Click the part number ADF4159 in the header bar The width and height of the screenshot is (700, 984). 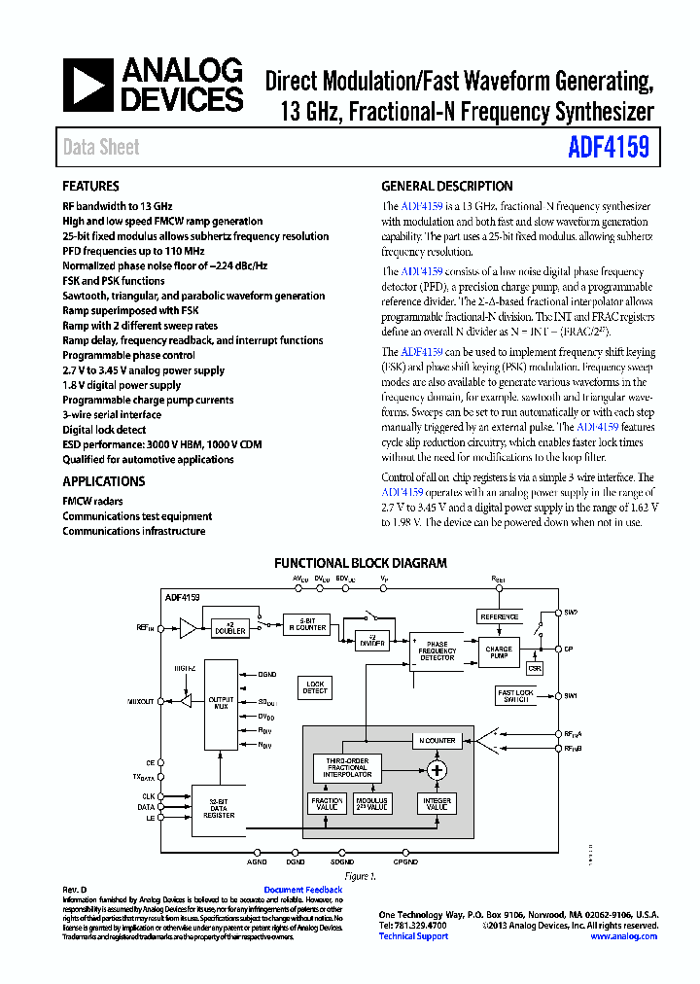(x=610, y=148)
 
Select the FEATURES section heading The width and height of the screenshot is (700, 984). (x=90, y=186)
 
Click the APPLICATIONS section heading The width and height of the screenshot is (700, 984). (x=103, y=481)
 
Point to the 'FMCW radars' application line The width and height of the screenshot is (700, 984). (x=93, y=502)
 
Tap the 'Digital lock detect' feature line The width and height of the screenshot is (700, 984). (x=104, y=430)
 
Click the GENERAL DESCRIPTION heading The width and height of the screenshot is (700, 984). (x=446, y=186)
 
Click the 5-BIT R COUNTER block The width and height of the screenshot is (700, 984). (x=306, y=624)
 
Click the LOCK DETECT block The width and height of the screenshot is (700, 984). (x=315, y=687)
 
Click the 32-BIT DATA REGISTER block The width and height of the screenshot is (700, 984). (x=220, y=810)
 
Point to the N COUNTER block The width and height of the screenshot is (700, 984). (x=437, y=740)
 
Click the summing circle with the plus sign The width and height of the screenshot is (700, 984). (x=437, y=770)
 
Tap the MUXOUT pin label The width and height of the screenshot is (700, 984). (x=141, y=701)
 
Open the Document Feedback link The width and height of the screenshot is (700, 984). (x=302, y=890)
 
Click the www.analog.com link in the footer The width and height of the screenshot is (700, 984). (x=623, y=936)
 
